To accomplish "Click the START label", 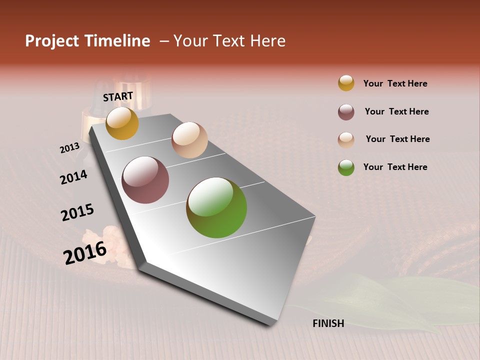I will point(118,96).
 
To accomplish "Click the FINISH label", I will point(328,323).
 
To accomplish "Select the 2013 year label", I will point(69,148).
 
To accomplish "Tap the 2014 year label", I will point(73,177).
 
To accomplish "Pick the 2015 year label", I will point(77,212).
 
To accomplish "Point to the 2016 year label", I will point(85,253).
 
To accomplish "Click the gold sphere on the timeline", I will point(122,123).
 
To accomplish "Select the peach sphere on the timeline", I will point(189,140).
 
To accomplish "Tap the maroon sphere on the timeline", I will point(145,180).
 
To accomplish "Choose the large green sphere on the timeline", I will point(216,207).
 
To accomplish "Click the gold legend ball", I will point(346,83).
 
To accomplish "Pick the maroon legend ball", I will point(346,112).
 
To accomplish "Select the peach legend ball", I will point(346,140).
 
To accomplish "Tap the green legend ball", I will point(346,167).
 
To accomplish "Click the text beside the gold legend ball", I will point(395,83).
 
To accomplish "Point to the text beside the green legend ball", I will point(395,167).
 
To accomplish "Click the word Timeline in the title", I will point(118,41).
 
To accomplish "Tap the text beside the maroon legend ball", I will point(396,111).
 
